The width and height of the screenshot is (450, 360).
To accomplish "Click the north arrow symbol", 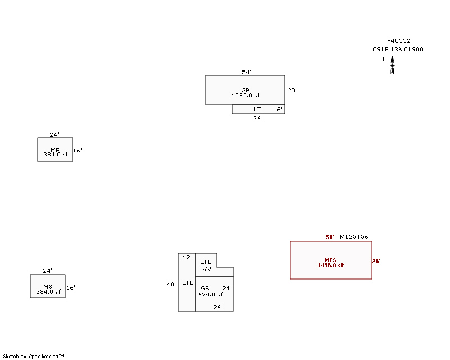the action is pyautogui.click(x=392, y=65).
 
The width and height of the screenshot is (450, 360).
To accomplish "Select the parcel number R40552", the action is pyautogui.click(x=399, y=40).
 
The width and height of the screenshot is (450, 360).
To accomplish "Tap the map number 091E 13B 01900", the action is pyautogui.click(x=398, y=49).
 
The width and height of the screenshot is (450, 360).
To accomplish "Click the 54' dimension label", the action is pyautogui.click(x=246, y=72).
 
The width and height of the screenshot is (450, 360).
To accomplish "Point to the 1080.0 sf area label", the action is pyautogui.click(x=246, y=95).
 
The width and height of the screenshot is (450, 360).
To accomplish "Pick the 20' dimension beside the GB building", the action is pyautogui.click(x=292, y=90).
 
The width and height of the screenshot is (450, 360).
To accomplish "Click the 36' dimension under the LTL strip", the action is pyautogui.click(x=258, y=118).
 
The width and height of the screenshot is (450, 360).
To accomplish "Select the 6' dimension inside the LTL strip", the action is pyautogui.click(x=280, y=109).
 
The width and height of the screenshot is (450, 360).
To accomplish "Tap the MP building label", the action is pyautogui.click(x=55, y=150).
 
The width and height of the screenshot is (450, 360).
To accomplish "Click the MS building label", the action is pyautogui.click(x=48, y=286).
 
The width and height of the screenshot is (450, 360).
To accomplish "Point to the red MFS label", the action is pyautogui.click(x=330, y=260).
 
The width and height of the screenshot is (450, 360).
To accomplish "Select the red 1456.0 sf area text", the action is pyautogui.click(x=331, y=265).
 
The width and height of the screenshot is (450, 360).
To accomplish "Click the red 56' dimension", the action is pyautogui.click(x=330, y=237).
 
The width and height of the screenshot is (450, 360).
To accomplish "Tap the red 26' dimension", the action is pyautogui.click(x=376, y=261).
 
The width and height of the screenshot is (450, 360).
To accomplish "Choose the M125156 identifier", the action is pyautogui.click(x=354, y=237).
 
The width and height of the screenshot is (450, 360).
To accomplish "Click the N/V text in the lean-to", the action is pyautogui.click(x=206, y=269).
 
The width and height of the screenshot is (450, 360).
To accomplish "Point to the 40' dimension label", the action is pyautogui.click(x=172, y=284).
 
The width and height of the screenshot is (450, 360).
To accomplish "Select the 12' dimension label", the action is pyautogui.click(x=187, y=257).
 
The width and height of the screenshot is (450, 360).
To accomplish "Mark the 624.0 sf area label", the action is pyautogui.click(x=210, y=295).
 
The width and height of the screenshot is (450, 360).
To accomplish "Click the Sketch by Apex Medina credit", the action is pyautogui.click(x=33, y=357).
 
